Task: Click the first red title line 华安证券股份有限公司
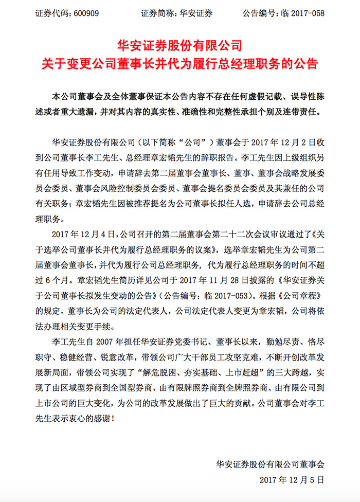coord(180,46)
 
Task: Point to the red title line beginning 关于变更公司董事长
coord(180,65)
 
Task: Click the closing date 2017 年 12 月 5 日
coord(293,479)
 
